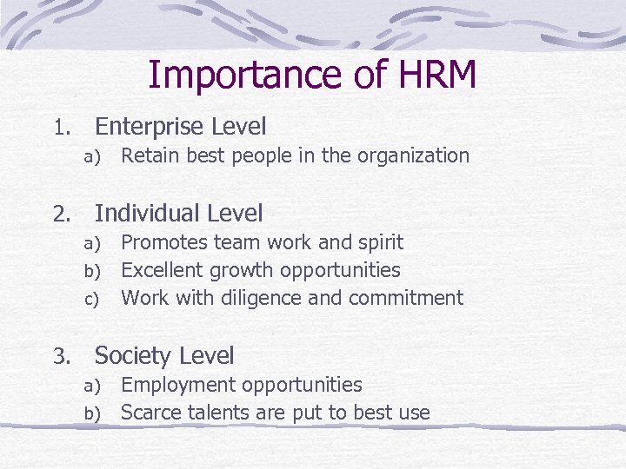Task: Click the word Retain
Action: click(x=144, y=156)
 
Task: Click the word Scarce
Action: click(x=147, y=413)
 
